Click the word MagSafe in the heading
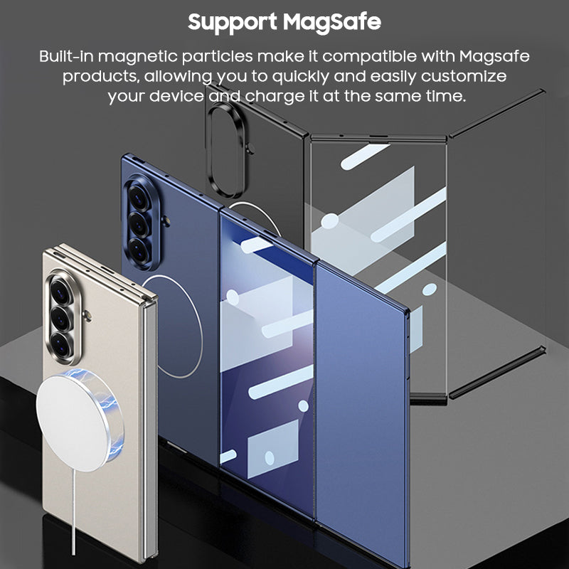(x=332, y=22)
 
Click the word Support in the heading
(x=232, y=22)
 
